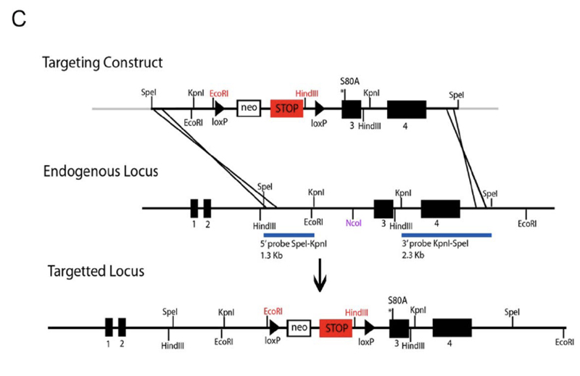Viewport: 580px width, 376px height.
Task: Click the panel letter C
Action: click(20, 20)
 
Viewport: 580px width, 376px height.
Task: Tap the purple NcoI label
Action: click(354, 222)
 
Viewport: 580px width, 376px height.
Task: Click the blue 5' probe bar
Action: click(289, 235)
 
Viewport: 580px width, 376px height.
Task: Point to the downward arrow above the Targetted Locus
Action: click(320, 280)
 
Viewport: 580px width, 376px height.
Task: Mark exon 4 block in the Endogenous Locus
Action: click(440, 209)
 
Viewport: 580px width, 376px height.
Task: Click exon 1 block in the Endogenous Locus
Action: click(194, 209)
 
